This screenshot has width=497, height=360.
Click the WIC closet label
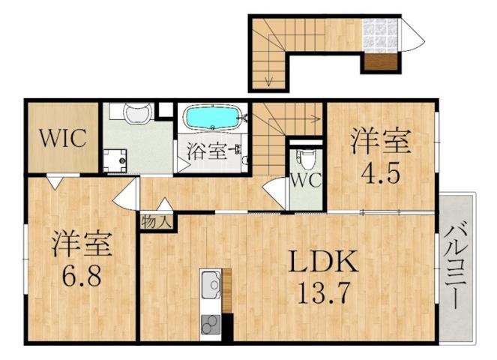[64, 139]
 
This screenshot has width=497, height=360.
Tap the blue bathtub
[214, 118]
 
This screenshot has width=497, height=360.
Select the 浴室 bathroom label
[207, 150]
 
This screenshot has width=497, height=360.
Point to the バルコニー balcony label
[454, 266]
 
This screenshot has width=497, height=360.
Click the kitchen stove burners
[211, 324]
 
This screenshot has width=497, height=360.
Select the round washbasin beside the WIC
[136, 113]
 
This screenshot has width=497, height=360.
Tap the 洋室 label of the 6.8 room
[81, 244]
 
